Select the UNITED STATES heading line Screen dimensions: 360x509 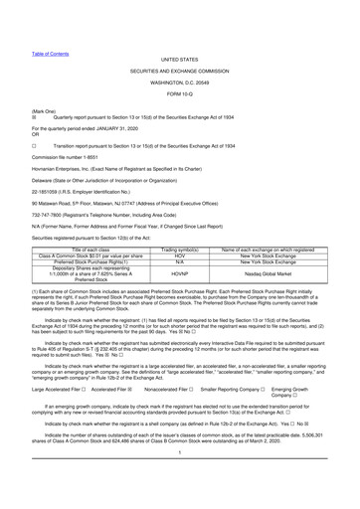(x=180, y=33)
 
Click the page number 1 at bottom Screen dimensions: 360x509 (x=180, y=479)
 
